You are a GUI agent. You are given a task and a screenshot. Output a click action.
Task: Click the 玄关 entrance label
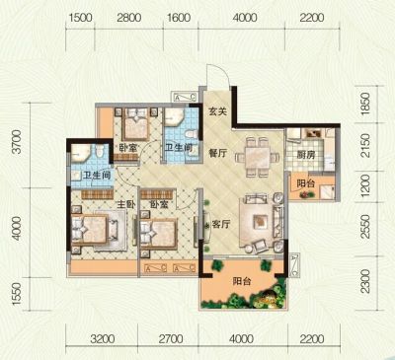pyautogui.click(x=217, y=111)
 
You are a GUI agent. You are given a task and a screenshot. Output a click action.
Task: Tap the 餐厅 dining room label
pyautogui.click(x=217, y=153)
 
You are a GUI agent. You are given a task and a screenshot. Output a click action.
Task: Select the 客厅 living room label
pyautogui.click(x=221, y=225)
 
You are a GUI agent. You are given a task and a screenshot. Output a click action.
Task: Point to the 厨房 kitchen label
pyautogui.click(x=306, y=155)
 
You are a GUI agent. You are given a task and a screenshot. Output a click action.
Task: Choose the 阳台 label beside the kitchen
pyautogui.click(x=306, y=183)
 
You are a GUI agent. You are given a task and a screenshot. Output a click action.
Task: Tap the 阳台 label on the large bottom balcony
pyautogui.click(x=242, y=281)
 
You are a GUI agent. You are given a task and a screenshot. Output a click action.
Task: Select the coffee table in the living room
pyautogui.click(x=261, y=221)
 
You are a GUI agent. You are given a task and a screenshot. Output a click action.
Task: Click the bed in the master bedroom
pyautogui.click(x=90, y=229)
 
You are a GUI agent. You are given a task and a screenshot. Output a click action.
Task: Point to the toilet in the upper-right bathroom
pyautogui.click(x=191, y=134)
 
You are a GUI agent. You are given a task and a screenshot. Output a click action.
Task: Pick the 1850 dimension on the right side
pyautogui.click(x=365, y=104)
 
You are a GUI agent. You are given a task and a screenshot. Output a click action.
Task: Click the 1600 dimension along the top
pyautogui.click(x=179, y=18)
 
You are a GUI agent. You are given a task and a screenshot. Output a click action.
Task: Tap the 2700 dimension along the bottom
pyautogui.click(x=171, y=338)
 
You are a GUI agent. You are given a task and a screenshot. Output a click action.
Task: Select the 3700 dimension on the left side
pyautogui.click(x=16, y=142)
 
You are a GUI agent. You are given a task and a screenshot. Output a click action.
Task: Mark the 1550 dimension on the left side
pyautogui.click(x=16, y=294)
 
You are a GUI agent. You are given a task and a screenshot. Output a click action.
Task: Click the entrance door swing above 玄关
pyautogui.click(x=218, y=74)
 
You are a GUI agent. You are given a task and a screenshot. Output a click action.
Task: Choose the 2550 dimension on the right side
pyautogui.click(x=365, y=227)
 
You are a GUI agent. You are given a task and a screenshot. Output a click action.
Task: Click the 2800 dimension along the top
pyautogui.click(x=129, y=18)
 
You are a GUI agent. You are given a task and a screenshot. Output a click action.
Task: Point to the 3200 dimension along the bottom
pyautogui.click(x=103, y=338)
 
